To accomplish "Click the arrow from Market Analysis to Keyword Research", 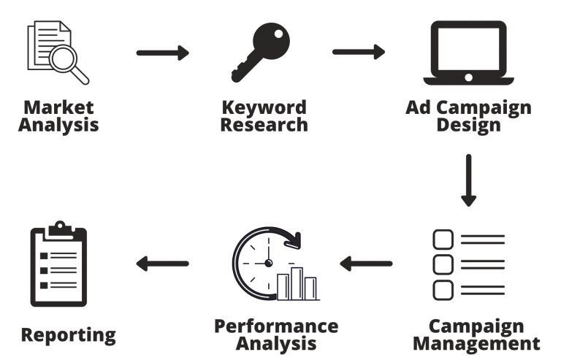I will pyautogui.click(x=163, y=53).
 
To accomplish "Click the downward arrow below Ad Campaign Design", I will pyautogui.click(x=468, y=180).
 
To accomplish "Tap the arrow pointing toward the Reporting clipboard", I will pyautogui.click(x=162, y=263).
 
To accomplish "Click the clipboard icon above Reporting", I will pyautogui.click(x=58, y=264).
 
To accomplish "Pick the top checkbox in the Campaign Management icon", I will pyautogui.click(x=443, y=240).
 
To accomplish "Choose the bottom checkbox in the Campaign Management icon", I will pyautogui.click(x=443, y=289).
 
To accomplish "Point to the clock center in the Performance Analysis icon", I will pyautogui.click(x=268, y=263).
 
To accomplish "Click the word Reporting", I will pyautogui.click(x=68, y=335).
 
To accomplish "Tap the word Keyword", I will pyautogui.click(x=264, y=108).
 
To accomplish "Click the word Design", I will pyautogui.click(x=468, y=124).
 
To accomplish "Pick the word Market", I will pyautogui.click(x=58, y=108).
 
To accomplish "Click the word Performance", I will pyautogui.click(x=275, y=326).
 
